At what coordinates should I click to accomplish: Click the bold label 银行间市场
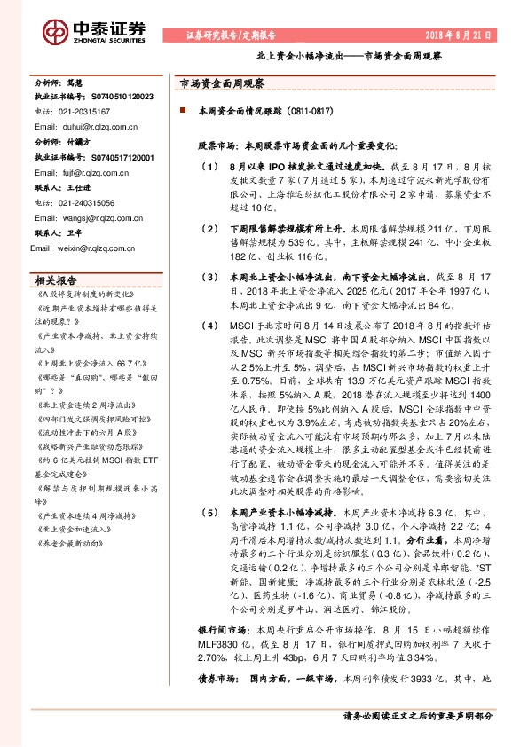coord(217,628)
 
